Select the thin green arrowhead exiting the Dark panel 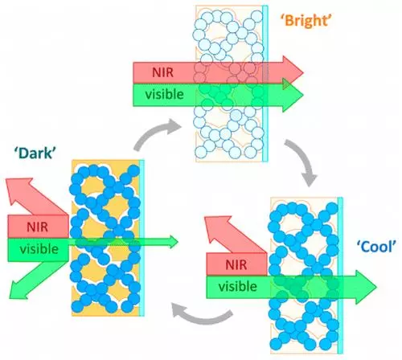point(171,240)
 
